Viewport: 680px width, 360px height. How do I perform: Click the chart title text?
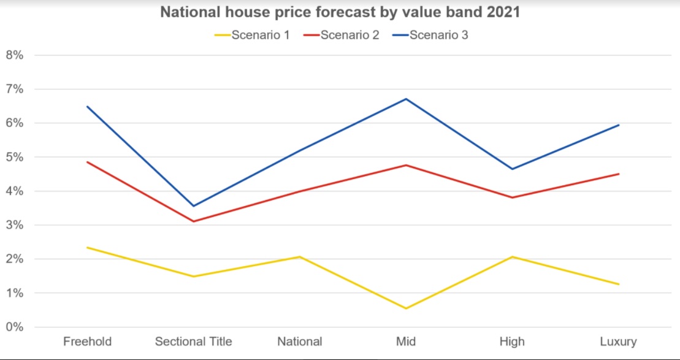pos(340,12)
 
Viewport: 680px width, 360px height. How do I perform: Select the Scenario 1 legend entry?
pos(253,35)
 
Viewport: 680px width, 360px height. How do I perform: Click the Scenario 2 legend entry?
pos(342,35)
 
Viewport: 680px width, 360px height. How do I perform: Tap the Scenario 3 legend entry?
pos(430,35)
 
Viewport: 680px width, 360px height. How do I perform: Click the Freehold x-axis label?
pos(88,342)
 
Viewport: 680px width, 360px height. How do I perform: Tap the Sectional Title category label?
pos(194,342)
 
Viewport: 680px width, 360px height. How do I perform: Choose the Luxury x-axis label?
pos(619,342)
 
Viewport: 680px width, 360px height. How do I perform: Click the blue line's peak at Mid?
pos(406,99)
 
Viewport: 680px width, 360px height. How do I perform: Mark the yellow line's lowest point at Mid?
pos(406,308)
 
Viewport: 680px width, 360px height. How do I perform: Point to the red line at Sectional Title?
pos(194,221)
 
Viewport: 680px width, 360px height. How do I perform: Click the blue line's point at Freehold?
pos(88,107)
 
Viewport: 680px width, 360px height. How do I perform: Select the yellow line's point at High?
pos(513,257)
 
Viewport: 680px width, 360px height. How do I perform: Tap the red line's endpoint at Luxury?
pos(619,174)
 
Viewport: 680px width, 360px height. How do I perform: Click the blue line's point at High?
pos(513,169)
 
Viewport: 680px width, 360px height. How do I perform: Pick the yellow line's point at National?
pos(300,257)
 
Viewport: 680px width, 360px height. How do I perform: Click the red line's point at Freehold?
pos(88,162)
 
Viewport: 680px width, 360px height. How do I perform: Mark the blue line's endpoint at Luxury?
pos(619,125)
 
